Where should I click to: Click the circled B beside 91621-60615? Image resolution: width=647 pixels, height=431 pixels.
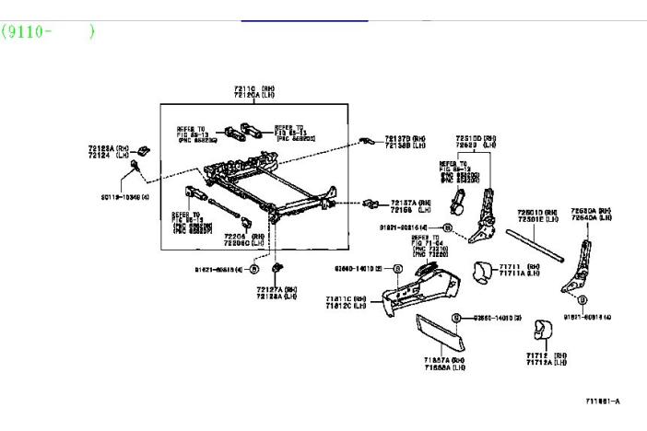click(x=254, y=269)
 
